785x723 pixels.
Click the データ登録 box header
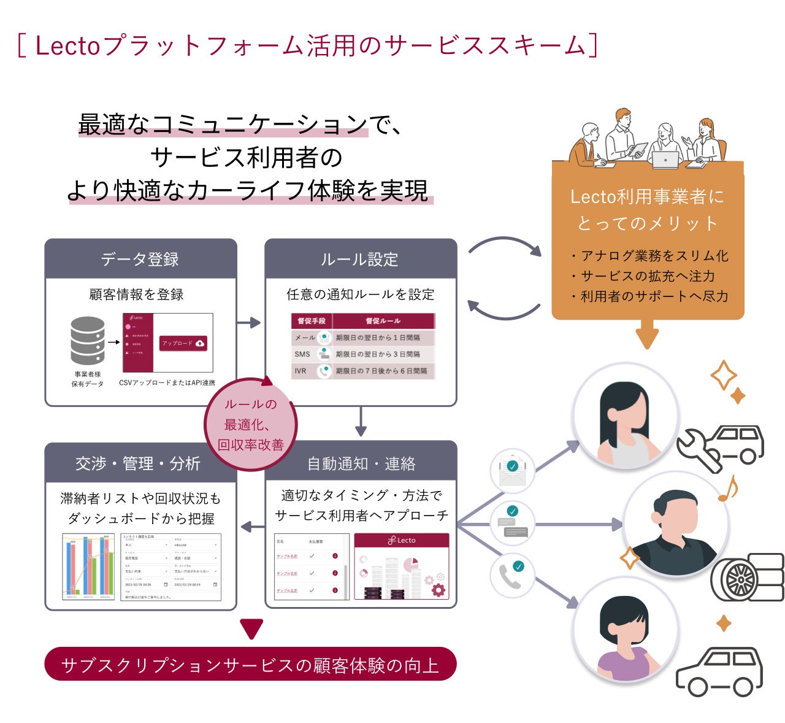140,259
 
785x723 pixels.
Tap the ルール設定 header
360,259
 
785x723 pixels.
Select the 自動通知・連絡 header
361,463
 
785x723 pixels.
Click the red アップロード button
183,344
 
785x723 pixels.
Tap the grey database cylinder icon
88,341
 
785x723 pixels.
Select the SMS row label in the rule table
302,354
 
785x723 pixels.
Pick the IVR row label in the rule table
301,371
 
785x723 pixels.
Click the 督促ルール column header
383,321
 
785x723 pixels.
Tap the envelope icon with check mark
512,471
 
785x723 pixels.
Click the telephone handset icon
511,575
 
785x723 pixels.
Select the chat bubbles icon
512,522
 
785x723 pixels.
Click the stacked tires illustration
747,577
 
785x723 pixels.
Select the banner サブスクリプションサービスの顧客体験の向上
250,665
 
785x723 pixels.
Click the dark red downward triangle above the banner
251,629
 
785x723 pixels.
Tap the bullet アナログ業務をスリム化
649,256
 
